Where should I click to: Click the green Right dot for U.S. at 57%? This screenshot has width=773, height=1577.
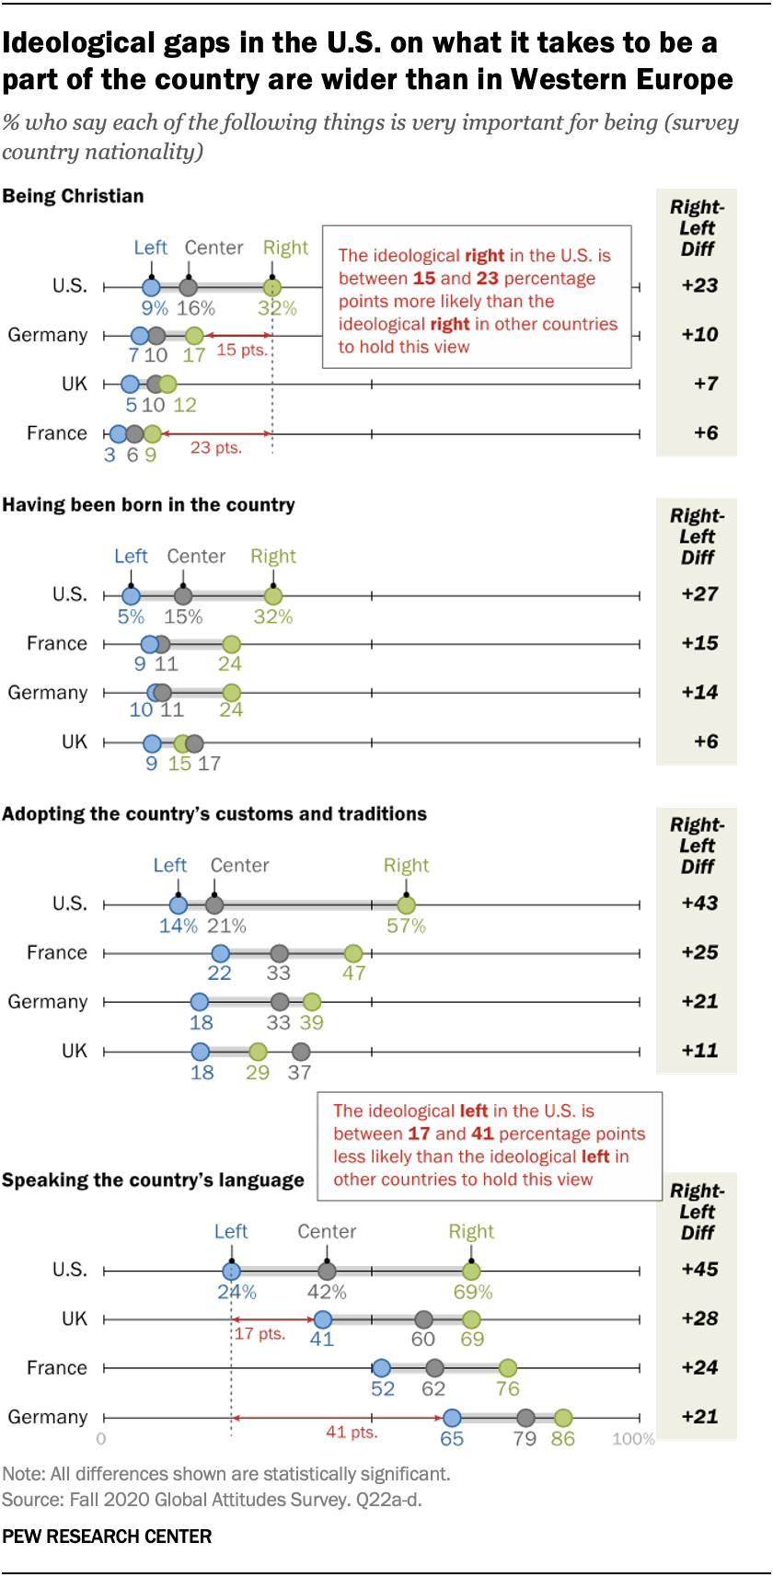407,904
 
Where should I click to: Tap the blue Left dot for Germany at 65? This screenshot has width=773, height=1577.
452,1418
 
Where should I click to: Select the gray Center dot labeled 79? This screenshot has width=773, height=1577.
525,1418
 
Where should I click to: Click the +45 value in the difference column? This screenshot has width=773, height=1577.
699,1270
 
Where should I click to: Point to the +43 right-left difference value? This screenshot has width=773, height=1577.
699,904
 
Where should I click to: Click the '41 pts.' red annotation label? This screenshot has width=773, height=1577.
352,1433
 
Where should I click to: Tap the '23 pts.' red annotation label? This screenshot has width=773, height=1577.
216,448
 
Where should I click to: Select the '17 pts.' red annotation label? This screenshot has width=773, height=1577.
260,1334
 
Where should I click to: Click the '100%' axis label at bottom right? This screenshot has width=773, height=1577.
633,1439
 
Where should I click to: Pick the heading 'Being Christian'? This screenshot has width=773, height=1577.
74,196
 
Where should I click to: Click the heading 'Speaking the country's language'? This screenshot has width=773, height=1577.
153,1180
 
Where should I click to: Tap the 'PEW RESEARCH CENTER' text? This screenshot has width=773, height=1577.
107,1537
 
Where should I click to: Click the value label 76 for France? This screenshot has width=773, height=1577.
508,1389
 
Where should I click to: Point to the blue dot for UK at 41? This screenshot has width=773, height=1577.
322,1319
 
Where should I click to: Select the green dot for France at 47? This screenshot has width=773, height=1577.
353,953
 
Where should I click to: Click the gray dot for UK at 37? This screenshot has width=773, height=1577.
300,1052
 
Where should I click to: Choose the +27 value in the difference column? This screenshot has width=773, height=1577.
699,594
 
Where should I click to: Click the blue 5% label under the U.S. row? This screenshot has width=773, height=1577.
131,617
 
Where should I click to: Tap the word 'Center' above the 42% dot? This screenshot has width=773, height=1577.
327,1232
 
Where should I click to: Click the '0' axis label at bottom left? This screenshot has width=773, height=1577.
101,1439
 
